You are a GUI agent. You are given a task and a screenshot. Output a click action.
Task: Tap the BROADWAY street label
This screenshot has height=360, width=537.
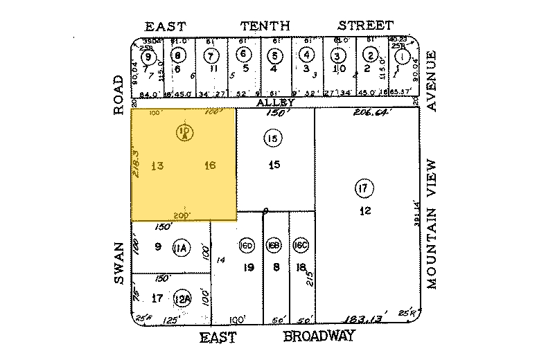coord(319,336)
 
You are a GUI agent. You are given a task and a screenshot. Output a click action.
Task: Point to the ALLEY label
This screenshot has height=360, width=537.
coord(276,102)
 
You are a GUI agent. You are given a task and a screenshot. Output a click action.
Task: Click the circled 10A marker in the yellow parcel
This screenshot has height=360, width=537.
coord(184,132)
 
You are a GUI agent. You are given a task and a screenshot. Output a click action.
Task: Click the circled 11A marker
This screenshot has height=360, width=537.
coord(182,248)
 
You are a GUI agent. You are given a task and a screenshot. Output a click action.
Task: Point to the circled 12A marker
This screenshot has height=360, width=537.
coord(182,298)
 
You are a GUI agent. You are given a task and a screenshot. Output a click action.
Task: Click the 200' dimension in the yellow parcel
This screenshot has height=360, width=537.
coord(183,215)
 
